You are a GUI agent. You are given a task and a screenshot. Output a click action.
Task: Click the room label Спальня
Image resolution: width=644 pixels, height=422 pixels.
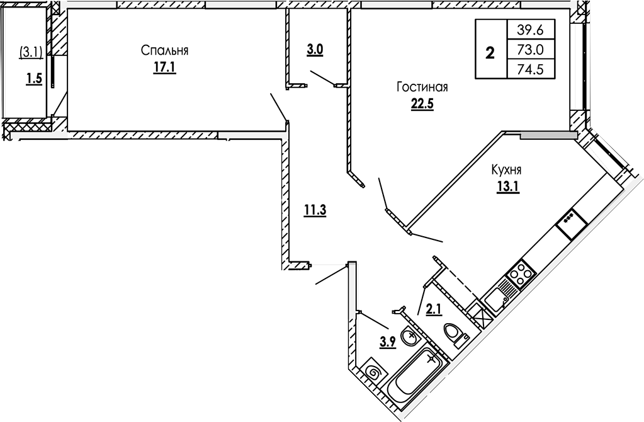point(165,50)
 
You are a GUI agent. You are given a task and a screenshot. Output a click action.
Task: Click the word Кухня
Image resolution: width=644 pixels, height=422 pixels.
point(507,170)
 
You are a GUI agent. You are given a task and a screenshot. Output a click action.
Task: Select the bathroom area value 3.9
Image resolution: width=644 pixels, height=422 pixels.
point(387,343)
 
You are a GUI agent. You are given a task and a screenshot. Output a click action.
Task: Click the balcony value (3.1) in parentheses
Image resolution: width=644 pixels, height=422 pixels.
point(29,51)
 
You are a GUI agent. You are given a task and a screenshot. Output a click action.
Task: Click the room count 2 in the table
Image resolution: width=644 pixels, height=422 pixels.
point(490,52)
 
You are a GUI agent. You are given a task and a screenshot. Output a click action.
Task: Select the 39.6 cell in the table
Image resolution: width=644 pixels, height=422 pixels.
point(530,28)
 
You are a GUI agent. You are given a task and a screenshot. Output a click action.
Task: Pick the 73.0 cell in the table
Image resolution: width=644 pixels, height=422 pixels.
point(530,49)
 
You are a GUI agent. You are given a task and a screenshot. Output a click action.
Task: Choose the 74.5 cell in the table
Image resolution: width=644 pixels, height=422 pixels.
point(530,69)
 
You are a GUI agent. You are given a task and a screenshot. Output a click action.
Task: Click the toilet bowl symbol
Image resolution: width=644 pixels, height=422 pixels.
point(455,334)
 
